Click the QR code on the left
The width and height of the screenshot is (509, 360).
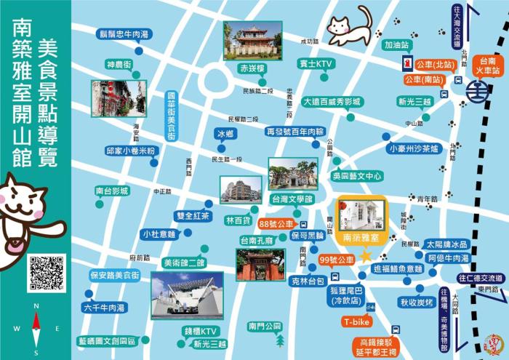tap(47, 273)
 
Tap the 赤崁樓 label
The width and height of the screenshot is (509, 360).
tap(252, 68)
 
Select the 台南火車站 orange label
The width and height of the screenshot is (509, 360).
tap(486, 66)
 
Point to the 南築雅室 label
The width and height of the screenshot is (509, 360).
tap(361, 238)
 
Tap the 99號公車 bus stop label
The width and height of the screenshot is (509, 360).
tap(336, 260)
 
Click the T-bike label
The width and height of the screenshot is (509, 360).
tap(357, 321)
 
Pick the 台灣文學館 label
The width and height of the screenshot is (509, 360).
tap(292, 199)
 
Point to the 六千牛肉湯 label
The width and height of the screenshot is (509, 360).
tap(104, 308)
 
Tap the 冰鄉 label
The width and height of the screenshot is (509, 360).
tap(226, 135)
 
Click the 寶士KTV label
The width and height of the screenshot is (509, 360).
tap(315, 65)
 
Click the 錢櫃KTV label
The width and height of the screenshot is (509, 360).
tap(201, 332)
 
